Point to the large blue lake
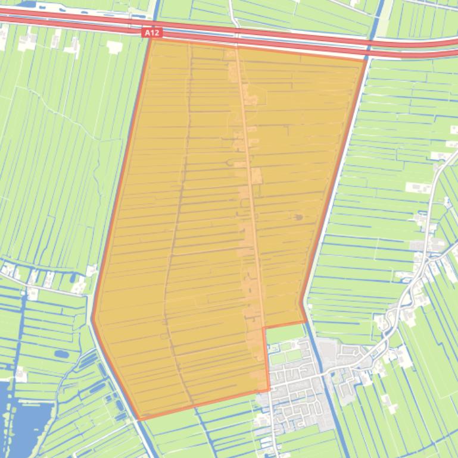tap(18, 416)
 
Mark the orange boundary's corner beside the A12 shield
tap(152, 39)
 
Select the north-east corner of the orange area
tap(365, 59)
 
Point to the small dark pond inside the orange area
tap(298, 218)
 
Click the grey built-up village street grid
tap(292, 381)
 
